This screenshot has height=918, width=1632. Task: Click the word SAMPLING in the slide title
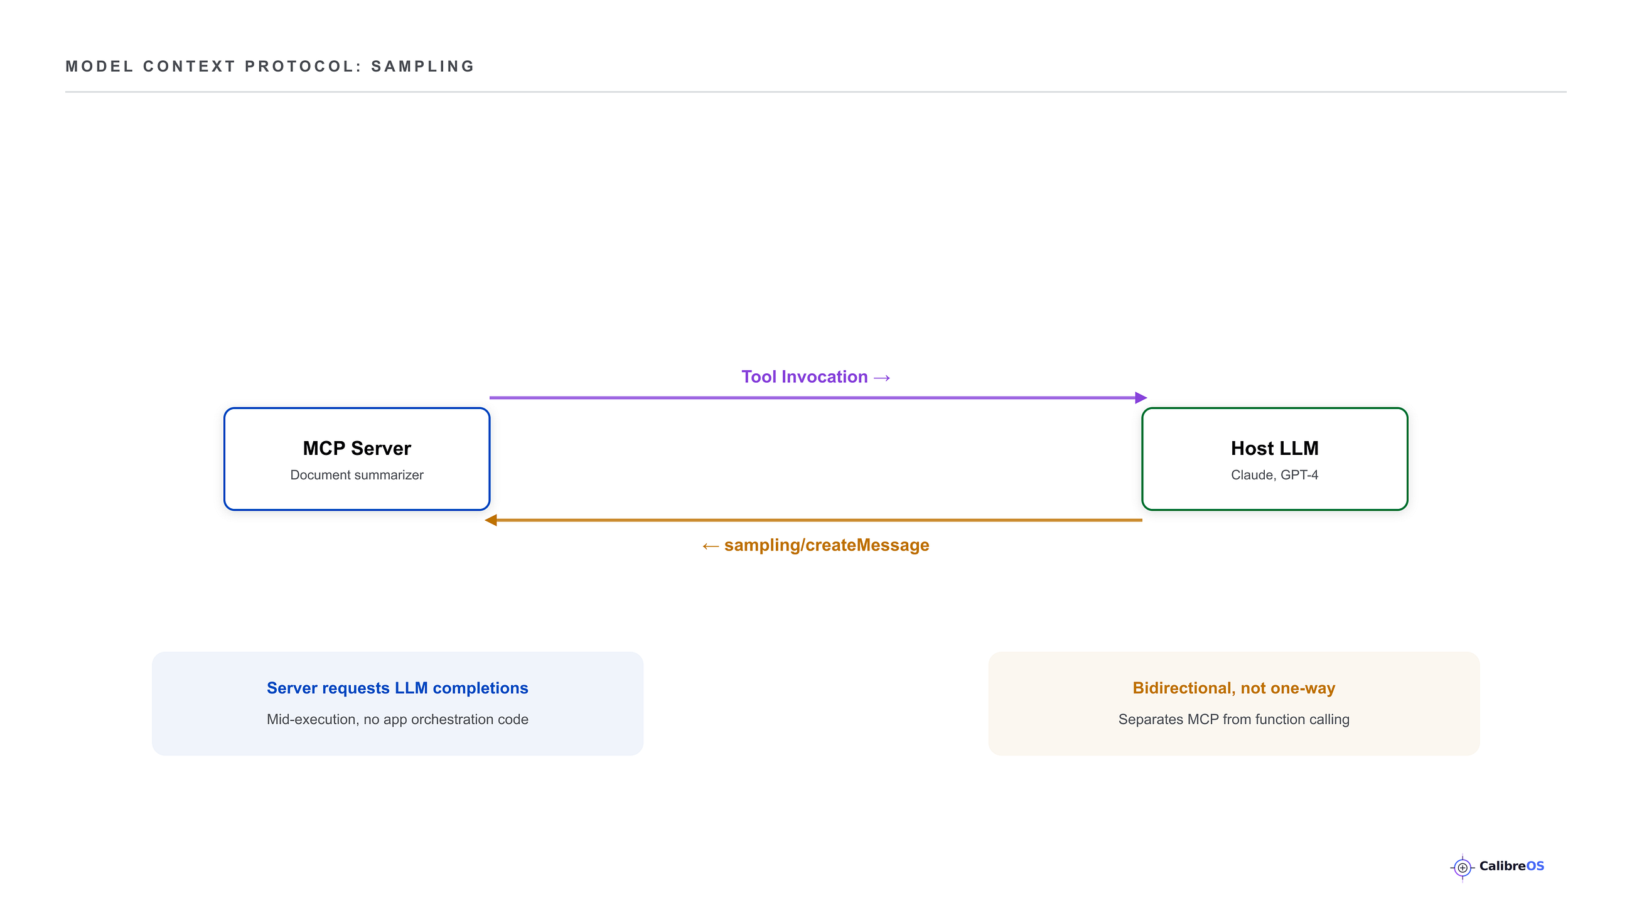coord(422,67)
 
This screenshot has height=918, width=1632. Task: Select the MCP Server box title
coord(357,448)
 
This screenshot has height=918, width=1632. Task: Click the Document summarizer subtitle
coord(357,474)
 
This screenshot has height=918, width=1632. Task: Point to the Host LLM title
coord(1274,448)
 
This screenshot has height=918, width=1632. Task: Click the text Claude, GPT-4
coord(1274,475)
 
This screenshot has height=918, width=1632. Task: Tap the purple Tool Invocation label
coord(816,377)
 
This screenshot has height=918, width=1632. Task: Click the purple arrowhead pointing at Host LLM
coord(1141,398)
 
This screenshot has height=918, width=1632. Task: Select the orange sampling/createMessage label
coord(815,545)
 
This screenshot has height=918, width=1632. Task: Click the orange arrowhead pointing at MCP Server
coord(491,520)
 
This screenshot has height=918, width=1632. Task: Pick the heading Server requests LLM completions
coord(397,688)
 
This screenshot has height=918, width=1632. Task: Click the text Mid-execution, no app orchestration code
coord(397,719)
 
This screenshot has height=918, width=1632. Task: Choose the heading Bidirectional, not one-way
coord(1233,688)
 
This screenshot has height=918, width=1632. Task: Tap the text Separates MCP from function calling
coord(1233,719)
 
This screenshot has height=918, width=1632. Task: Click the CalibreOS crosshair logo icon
coord(1463,867)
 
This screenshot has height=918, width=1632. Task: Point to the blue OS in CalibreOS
coord(1535,866)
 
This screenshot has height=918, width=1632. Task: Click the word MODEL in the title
coord(99,67)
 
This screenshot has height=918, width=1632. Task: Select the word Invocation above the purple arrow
coord(824,377)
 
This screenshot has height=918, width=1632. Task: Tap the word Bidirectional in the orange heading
coord(1183,688)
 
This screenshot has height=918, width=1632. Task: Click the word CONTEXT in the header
coord(189,67)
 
